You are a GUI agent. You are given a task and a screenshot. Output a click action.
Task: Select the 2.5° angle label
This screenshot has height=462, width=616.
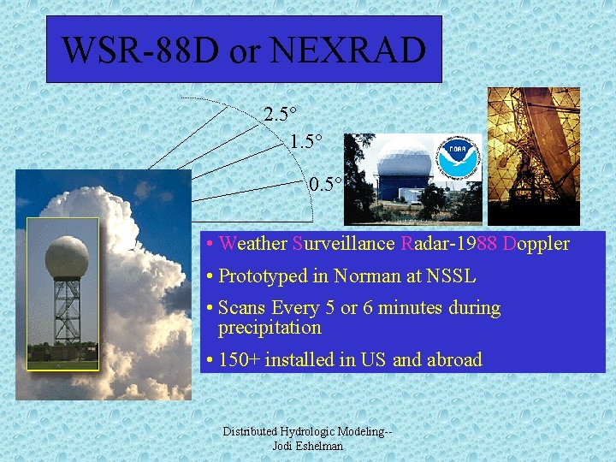click(x=281, y=115)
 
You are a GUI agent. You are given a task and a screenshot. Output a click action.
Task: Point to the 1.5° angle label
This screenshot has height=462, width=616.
click(x=306, y=141)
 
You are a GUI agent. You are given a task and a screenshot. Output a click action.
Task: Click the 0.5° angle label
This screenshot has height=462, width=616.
click(x=326, y=184)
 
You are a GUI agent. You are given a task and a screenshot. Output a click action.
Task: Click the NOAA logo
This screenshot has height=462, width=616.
click(x=459, y=158)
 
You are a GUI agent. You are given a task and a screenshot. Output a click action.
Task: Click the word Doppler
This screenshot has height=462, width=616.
click(x=536, y=244)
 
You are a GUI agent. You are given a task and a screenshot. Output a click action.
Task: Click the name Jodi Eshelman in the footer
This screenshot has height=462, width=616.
click(x=307, y=446)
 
